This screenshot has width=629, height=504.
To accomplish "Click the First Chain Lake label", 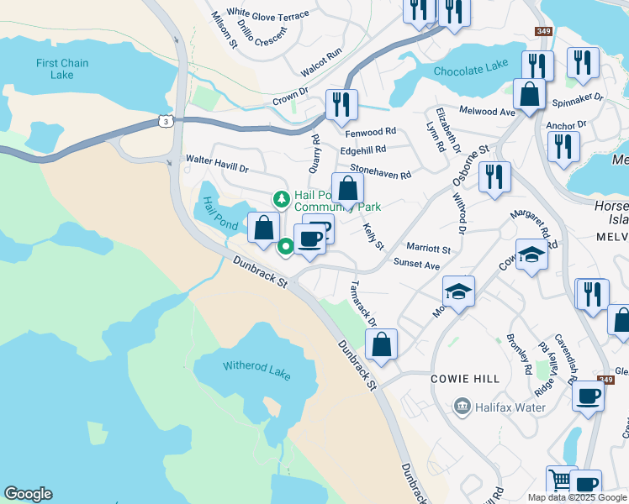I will point(55,69).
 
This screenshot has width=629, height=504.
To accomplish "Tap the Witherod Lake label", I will point(256,365).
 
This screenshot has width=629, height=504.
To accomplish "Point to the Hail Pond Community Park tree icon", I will point(281,200).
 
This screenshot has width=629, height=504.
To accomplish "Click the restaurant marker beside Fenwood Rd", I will point(341,105).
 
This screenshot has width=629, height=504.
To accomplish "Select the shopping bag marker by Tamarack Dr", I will point(381,344).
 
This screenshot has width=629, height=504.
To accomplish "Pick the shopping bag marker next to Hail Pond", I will point(264,227).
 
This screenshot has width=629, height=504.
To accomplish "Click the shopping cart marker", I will point(561,481).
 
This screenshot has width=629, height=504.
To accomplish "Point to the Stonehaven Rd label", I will point(380,171).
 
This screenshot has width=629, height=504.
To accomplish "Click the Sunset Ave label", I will point(417,265).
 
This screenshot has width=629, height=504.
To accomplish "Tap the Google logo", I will point(28,494).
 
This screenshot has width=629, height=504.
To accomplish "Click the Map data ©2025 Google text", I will point(577,497).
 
